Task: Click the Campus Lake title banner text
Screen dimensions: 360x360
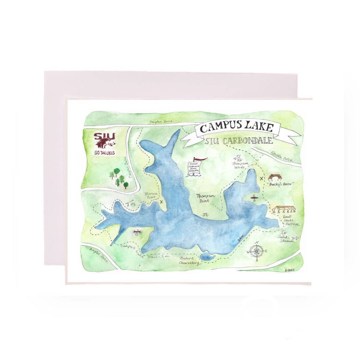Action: pos(237,128)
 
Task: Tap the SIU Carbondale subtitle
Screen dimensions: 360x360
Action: pos(238,141)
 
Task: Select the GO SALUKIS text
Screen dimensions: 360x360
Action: pos(105,153)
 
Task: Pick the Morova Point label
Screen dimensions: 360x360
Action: pos(151,195)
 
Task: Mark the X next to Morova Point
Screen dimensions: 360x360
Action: pos(161,202)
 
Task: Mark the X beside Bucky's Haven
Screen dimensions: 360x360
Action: pos(262,178)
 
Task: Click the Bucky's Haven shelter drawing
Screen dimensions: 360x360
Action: pos(275,177)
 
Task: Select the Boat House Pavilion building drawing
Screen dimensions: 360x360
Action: pos(284,209)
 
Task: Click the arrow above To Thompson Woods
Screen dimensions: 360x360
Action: pos(237,158)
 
